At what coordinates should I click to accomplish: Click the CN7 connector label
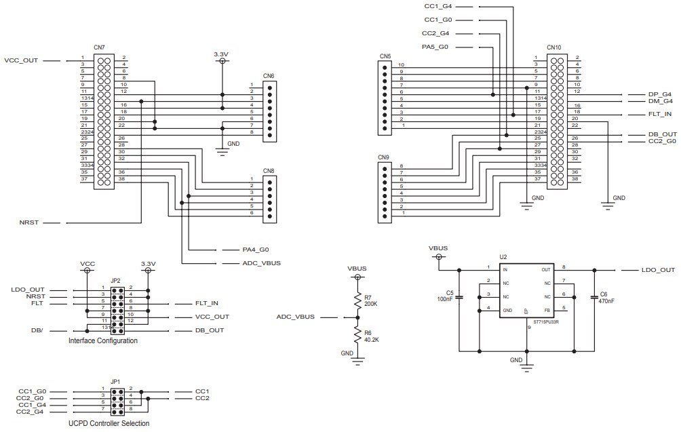coord(99,47)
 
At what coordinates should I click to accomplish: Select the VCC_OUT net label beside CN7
coord(21,60)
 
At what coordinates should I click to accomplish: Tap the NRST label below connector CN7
coord(29,222)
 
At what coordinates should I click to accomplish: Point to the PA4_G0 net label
coord(256,249)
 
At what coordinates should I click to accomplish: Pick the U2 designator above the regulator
coord(503,257)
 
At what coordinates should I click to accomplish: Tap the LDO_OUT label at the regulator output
coord(658,270)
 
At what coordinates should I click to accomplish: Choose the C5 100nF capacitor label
coord(446,296)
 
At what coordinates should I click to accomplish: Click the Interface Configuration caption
coord(103,340)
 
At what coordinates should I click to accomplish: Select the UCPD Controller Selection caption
coord(109,423)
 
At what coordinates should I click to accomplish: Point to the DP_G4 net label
coord(659,94)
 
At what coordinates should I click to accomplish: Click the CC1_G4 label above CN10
coord(437,6)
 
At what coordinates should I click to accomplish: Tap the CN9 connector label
coord(384,157)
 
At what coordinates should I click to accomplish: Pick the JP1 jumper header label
coord(115,381)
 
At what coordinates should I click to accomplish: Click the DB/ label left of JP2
coord(37,330)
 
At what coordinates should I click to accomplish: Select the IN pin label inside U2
coord(505,270)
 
